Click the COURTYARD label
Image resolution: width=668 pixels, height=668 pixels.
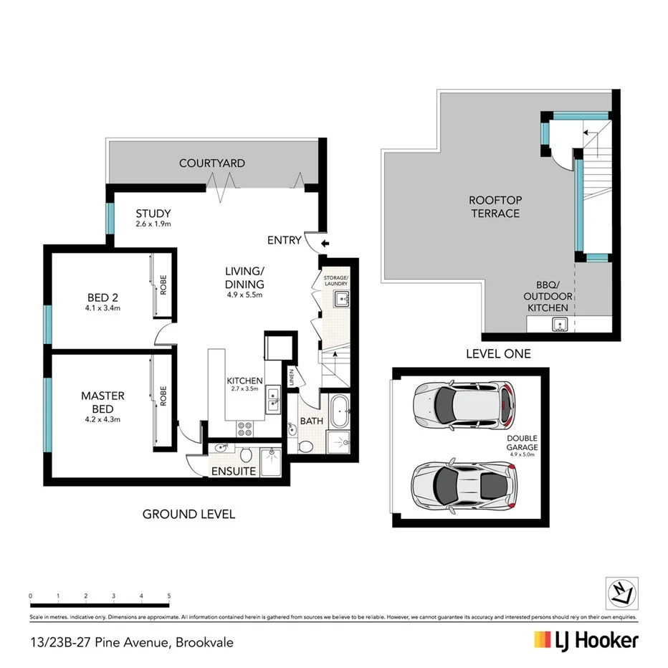(x=211, y=163)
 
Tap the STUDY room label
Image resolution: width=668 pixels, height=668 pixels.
(x=153, y=214)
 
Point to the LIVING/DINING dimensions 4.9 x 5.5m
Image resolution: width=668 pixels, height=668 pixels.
(x=245, y=294)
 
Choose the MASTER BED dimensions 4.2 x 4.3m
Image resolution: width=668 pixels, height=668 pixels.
(x=102, y=409)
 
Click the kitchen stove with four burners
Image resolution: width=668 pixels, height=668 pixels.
(x=244, y=427)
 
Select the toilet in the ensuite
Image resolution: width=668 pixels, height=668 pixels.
(x=245, y=454)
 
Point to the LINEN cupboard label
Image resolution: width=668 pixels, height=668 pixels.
(x=292, y=378)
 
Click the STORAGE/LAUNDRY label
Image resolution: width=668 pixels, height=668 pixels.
(x=335, y=280)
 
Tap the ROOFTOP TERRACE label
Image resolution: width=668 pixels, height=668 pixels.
(x=495, y=206)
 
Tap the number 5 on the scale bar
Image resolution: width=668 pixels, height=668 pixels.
(x=168, y=596)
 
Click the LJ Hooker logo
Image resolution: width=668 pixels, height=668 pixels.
(x=586, y=640)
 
